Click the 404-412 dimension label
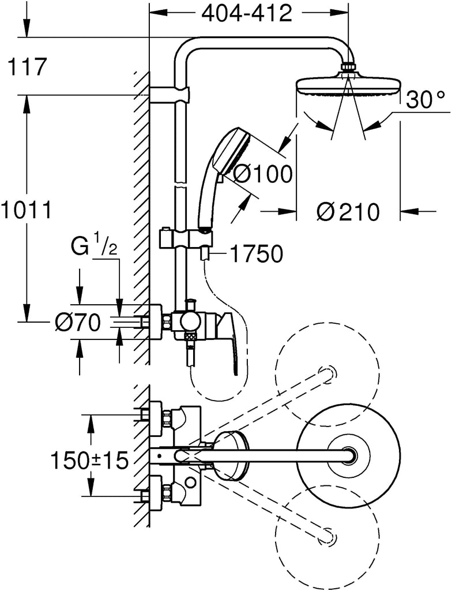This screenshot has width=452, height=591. (247, 14)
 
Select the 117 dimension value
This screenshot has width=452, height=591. (27, 67)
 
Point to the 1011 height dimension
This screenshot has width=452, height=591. (25, 210)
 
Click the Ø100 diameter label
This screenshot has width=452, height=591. (262, 174)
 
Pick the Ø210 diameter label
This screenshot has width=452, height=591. (347, 212)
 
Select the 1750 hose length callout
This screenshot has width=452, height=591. (256, 254)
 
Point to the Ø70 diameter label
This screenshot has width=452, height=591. (77, 323)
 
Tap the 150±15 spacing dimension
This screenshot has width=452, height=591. (89, 460)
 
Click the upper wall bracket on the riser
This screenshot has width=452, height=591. (169, 95)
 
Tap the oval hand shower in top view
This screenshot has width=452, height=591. (231, 457)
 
